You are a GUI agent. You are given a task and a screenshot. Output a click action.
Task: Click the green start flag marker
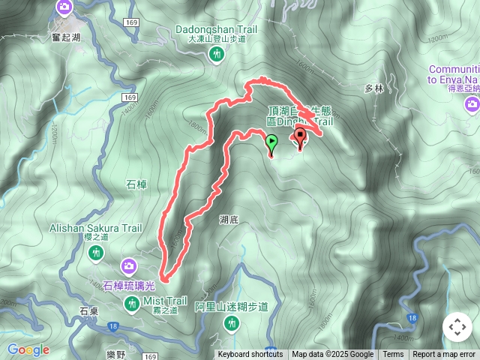coord(271,141)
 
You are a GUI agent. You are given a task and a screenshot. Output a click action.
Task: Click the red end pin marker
coord(301,136)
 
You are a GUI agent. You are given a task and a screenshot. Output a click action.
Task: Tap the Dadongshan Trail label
coord(217,29)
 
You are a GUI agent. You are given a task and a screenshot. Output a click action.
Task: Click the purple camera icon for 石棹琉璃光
coord(129,265)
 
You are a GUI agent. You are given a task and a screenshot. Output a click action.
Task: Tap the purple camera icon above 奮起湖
coord(64,8)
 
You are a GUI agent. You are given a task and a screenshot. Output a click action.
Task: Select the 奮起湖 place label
coord(66,37)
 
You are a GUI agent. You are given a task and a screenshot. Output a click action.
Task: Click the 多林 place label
coord(373,88)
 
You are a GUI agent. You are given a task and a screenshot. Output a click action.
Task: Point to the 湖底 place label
coord(229,220)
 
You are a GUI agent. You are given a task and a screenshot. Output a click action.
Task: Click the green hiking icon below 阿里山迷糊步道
coord(231,323)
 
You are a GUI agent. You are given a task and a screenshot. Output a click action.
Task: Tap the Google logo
coord(28,349)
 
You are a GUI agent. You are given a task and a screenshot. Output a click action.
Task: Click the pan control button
coord(457,327)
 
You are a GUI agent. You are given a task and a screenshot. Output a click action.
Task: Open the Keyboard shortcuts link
coord(250,355)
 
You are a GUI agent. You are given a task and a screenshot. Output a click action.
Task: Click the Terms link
coord(393,355)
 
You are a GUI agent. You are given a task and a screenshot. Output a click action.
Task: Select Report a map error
coord(444,355)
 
